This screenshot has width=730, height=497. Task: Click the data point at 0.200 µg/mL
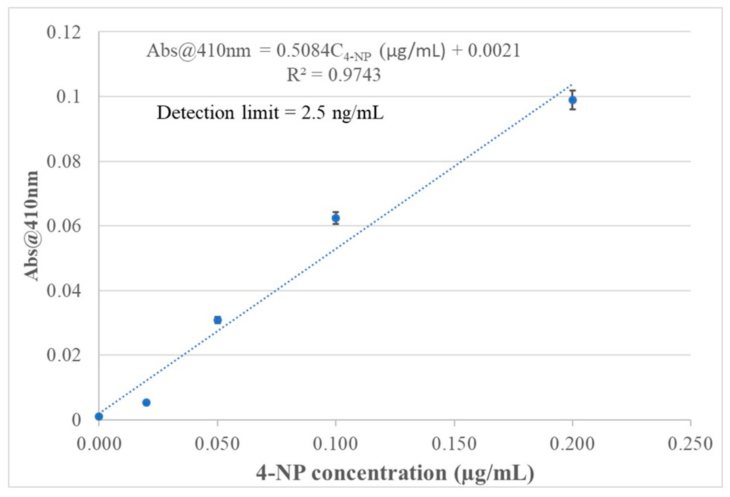[x=572, y=100]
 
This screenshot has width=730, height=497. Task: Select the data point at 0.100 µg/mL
[x=336, y=218]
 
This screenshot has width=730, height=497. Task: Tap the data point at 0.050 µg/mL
[x=217, y=320]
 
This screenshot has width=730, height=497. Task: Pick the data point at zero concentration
[x=99, y=416]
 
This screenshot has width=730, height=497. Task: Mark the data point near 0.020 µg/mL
[x=146, y=402]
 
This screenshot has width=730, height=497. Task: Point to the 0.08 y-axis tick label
[x=64, y=162]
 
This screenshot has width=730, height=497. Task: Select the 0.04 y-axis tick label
[x=64, y=291]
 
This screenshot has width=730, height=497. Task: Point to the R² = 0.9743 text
[x=334, y=75]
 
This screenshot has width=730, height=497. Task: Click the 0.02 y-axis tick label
[x=64, y=355]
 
